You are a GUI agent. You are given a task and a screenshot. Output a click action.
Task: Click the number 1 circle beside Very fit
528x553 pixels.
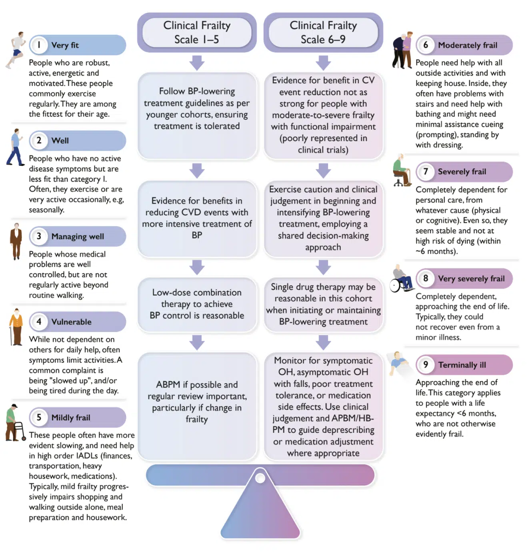tap(39, 45)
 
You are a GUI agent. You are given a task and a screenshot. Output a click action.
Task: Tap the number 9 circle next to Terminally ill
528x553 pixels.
tap(426, 364)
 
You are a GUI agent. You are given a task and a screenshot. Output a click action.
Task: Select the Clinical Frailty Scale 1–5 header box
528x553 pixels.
tap(197, 32)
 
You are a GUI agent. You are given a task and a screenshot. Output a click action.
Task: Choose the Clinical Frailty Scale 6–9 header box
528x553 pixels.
tap(323, 32)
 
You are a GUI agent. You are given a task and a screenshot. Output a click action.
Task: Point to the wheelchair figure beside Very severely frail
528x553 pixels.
tap(402, 278)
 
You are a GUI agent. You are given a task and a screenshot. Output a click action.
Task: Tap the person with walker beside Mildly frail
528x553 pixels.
tap(15, 423)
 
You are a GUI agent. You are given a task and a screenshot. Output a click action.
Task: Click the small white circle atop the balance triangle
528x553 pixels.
tap(260, 478)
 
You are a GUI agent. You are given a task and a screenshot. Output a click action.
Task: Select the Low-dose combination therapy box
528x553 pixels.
tap(197, 304)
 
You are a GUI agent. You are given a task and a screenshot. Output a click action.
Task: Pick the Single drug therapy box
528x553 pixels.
tap(323, 304)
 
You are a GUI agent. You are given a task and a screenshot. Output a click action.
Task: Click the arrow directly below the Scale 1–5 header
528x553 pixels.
tap(197, 63)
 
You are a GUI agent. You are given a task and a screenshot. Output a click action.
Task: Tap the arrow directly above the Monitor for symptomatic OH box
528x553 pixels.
tap(323, 342)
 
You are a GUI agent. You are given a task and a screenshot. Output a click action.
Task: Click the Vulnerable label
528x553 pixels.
tap(71, 322)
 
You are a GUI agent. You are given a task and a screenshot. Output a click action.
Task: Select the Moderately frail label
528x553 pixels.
tap(467, 45)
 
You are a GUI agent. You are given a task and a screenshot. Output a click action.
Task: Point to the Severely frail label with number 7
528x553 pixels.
tap(462, 172)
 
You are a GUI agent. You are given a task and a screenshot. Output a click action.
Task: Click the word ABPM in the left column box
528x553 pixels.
tap(168, 384)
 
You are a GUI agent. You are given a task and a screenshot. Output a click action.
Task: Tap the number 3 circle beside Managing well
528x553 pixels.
tap(39, 236)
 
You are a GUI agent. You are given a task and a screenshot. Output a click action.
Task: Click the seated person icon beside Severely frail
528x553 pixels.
tap(401, 171)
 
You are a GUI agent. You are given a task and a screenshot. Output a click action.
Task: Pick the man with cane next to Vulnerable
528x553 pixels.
tap(16, 327)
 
